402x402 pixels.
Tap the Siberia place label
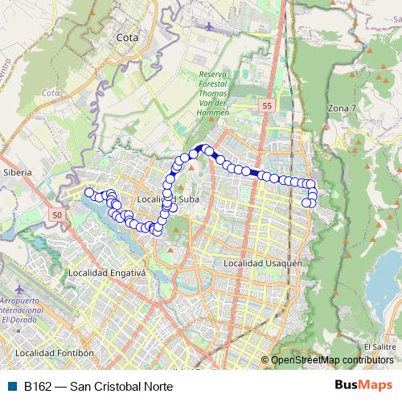(17, 172)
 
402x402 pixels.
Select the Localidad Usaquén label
(262, 263)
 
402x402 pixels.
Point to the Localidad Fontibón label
(54, 352)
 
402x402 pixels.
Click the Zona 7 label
(343, 107)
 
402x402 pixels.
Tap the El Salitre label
(384, 347)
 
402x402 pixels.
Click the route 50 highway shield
(55, 215)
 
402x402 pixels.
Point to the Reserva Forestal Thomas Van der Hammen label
(214, 93)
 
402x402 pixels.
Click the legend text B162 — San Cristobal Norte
(98, 386)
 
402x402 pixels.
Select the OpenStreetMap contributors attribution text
(331, 360)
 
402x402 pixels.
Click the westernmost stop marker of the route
(88, 192)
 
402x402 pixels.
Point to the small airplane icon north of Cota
(210, 27)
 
